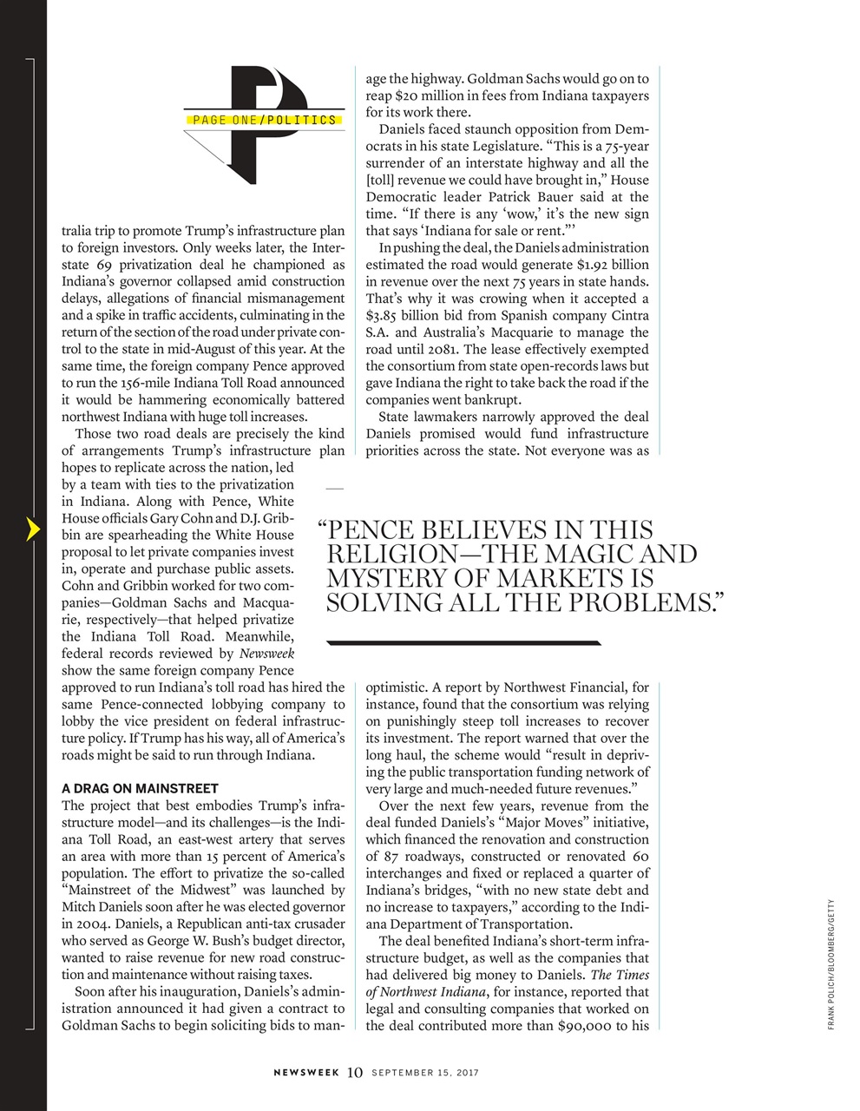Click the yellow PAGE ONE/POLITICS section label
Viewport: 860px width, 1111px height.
tap(261, 120)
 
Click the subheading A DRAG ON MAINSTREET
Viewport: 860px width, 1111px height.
tap(140, 789)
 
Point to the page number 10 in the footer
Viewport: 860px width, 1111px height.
tap(354, 1073)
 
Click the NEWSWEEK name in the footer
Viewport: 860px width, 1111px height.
tap(307, 1073)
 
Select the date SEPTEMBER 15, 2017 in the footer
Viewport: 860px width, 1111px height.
tap(425, 1073)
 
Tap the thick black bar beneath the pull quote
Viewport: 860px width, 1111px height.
tap(464, 643)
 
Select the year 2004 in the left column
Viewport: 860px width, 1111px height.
tap(89, 924)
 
